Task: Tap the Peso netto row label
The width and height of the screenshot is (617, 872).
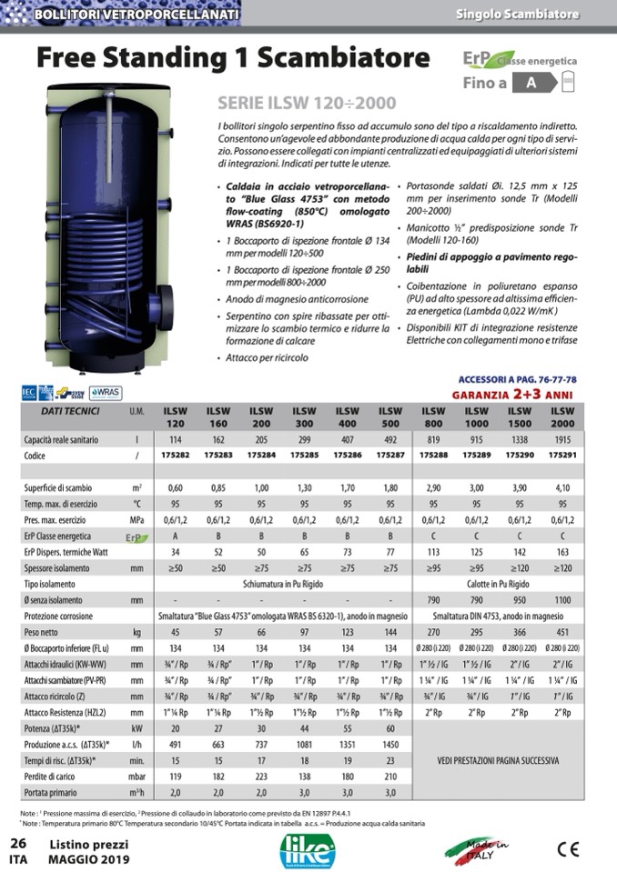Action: (x=41, y=631)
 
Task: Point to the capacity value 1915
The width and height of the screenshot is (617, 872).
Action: (x=563, y=440)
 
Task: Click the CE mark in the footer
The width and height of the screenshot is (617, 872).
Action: (x=567, y=848)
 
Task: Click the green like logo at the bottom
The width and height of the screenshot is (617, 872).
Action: (x=308, y=848)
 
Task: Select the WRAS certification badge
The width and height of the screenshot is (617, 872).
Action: (x=106, y=393)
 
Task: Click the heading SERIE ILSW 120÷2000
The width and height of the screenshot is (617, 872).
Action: (x=307, y=104)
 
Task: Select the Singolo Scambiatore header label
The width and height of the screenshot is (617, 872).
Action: (x=530, y=15)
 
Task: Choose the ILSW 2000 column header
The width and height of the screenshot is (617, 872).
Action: (x=563, y=417)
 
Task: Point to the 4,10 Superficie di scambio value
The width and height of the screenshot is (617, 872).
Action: (x=563, y=488)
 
